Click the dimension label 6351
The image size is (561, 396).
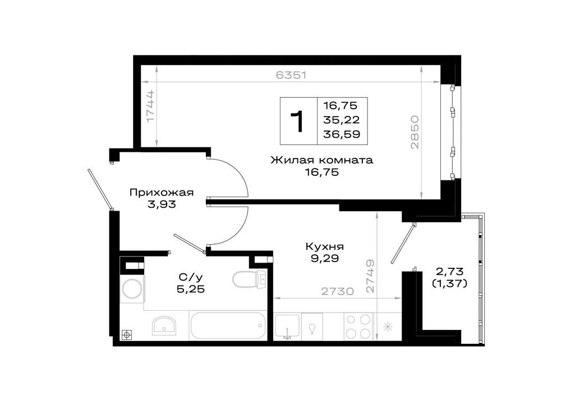(291, 75)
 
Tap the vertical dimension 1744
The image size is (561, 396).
(150, 106)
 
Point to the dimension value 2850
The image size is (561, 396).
(415, 132)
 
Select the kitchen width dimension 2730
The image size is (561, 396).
(337, 291)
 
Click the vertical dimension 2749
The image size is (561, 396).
(370, 276)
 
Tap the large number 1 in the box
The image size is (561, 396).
(297, 122)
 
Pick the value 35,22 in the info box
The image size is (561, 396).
(341, 120)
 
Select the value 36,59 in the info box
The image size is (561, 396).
(341, 134)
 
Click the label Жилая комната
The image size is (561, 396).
(321, 160)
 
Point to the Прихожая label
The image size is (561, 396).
(162, 193)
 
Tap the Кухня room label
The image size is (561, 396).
(325, 246)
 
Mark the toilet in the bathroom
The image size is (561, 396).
(250, 278)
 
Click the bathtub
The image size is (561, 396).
(228, 325)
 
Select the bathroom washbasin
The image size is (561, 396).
(164, 325)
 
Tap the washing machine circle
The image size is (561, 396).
(131, 288)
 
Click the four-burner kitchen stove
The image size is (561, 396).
(358, 326)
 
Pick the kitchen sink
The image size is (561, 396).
(287, 327)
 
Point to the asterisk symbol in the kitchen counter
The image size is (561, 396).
(388, 327)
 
